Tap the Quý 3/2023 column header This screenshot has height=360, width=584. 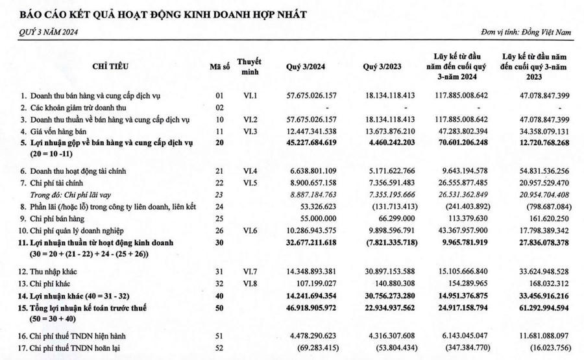[388, 66]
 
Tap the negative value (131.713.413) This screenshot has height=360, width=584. [391, 206]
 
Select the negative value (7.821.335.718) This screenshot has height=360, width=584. [388, 242]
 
